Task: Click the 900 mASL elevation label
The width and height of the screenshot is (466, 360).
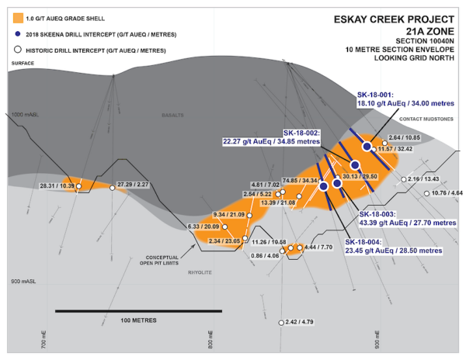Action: (22, 280)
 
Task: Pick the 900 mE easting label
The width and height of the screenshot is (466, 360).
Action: (377, 339)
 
